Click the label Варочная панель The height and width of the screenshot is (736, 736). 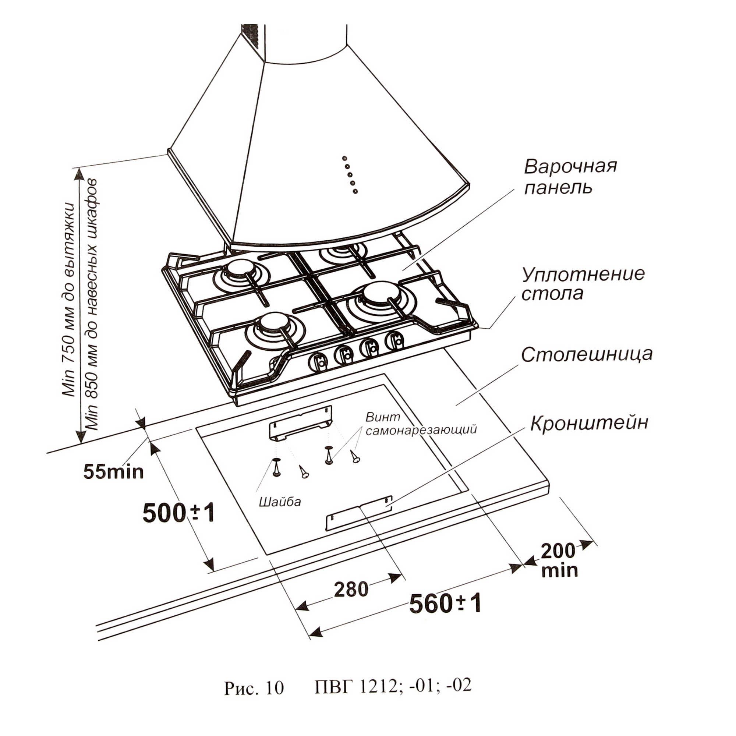coord(570,177)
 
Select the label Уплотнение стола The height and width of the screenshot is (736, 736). coord(583,284)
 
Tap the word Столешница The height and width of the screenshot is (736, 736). coord(587,355)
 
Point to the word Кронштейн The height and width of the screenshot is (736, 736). coord(589,423)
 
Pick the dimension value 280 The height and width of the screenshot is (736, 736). coord(351,589)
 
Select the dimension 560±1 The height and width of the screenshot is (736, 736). coord(445,615)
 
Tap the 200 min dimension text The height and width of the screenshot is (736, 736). coord(559,561)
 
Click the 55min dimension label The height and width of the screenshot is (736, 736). coord(113,472)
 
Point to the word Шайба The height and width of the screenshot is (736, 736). coord(280,502)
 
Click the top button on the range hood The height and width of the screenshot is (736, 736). coord(344,159)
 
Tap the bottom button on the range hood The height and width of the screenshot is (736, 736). coord(355,191)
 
